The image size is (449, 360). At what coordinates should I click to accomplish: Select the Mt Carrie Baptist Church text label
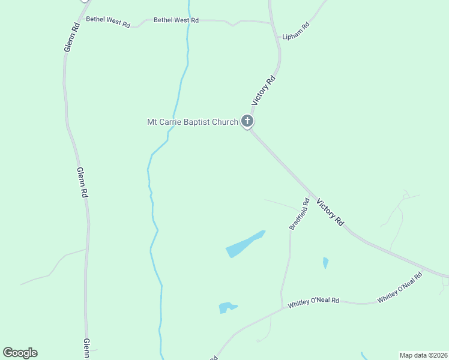tap(193, 122)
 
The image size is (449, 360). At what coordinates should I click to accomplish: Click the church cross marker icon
tap(247, 121)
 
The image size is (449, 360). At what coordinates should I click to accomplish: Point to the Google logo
tap(20, 353)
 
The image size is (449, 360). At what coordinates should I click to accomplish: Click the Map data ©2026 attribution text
tap(423, 355)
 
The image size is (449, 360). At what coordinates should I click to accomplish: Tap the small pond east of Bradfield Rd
tap(325, 262)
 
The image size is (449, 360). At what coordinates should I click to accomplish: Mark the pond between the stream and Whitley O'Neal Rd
tap(227, 308)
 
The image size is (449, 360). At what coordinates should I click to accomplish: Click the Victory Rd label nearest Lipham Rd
tap(264, 90)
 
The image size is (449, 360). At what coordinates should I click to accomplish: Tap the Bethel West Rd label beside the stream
tap(176, 20)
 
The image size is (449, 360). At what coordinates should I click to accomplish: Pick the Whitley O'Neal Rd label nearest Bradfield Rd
tap(313, 302)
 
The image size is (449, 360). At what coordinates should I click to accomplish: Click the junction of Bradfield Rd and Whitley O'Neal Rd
tap(282, 309)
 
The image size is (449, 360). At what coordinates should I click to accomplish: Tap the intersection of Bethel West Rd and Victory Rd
tap(271, 23)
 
